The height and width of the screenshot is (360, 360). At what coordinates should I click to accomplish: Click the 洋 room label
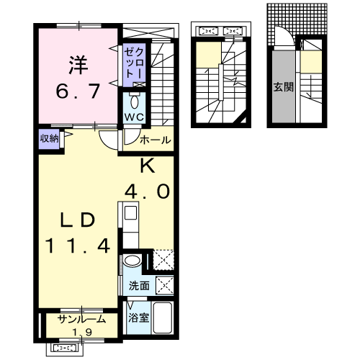click(x=78, y=65)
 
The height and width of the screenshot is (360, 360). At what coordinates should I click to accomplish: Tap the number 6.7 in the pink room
click(x=78, y=91)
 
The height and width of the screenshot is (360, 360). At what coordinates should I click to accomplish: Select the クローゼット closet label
click(x=134, y=63)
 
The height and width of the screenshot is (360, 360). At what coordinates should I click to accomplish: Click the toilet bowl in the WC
click(x=135, y=102)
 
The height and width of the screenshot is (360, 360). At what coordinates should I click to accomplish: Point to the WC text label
click(x=135, y=117)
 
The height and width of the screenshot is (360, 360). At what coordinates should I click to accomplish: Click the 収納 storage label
click(x=49, y=138)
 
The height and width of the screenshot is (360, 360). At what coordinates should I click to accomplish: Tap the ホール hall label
click(x=156, y=140)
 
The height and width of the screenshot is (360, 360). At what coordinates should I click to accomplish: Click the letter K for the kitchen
click(x=147, y=166)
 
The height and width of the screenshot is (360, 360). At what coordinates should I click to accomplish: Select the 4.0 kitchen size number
click(x=147, y=192)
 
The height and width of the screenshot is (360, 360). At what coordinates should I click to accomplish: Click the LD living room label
click(x=78, y=220)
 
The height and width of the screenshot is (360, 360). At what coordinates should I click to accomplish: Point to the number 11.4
click(x=78, y=246)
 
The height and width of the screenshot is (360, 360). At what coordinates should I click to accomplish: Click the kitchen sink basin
click(x=130, y=213)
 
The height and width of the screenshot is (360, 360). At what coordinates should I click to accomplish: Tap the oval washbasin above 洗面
click(x=132, y=261)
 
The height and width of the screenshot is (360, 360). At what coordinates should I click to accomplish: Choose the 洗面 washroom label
click(x=139, y=286)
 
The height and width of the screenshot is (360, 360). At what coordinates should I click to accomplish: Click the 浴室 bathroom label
click(x=138, y=318)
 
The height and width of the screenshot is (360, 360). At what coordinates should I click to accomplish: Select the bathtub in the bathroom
click(x=163, y=318)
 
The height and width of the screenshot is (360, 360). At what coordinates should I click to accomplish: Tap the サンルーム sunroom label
click(x=81, y=319)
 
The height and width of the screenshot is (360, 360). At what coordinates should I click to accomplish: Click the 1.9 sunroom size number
click(x=82, y=332)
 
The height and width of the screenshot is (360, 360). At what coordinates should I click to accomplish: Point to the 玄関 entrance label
click(x=284, y=87)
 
